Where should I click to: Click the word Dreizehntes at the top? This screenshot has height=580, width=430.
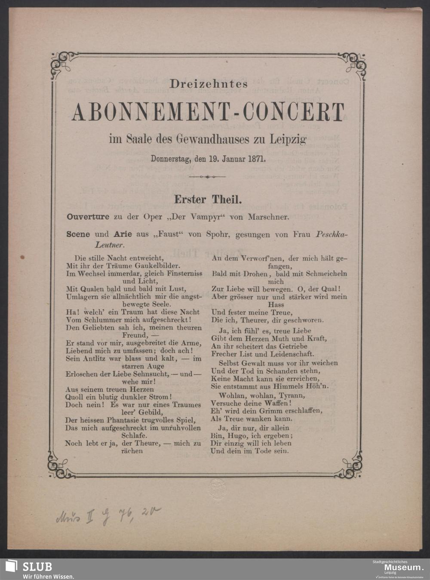pyautogui.click(x=209, y=84)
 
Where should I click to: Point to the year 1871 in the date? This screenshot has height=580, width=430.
pyautogui.click(x=256, y=158)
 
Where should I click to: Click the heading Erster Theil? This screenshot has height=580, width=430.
pyautogui.click(x=208, y=199)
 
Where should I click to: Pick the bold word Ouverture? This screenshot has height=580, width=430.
pyautogui.click(x=88, y=217)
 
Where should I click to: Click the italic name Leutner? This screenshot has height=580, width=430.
pyautogui.click(x=110, y=245)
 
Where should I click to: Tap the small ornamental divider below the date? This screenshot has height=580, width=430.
pyautogui.click(x=208, y=177)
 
